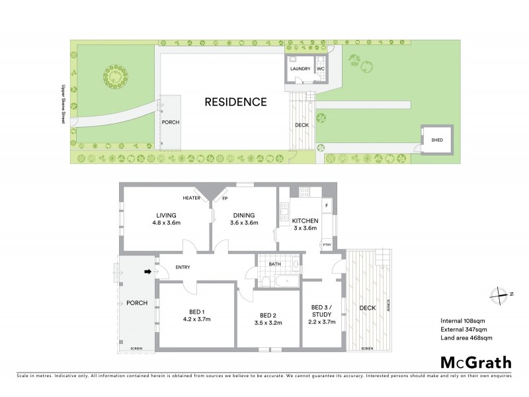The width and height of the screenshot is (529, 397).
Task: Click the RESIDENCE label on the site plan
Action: pos(235,103)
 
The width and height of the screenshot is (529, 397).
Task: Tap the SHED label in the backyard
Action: pos(436,140)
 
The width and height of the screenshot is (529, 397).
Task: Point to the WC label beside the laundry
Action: pos(320,69)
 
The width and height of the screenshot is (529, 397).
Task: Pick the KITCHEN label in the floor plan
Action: pos(305,220)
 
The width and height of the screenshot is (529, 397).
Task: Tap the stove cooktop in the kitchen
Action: pos(305,193)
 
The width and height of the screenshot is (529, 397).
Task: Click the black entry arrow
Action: pos(149,271)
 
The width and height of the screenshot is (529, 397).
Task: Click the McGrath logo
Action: pos(475,362)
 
